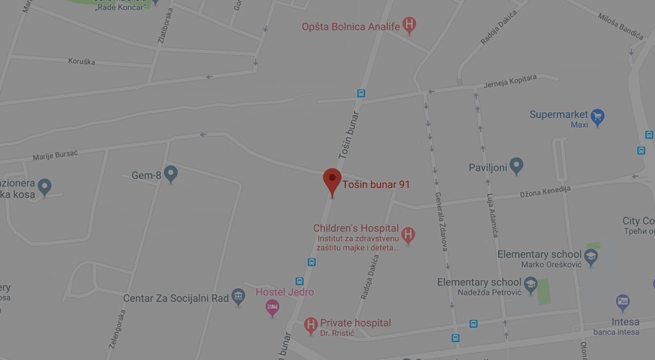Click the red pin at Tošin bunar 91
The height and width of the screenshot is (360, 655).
[332, 180]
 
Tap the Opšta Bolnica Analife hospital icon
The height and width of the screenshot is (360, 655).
[410, 26]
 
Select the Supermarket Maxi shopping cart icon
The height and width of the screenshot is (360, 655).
[597, 116]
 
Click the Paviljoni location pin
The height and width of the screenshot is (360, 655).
[516, 166]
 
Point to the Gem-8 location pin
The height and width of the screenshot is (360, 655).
[171, 174]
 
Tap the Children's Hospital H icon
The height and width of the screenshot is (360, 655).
[408, 235]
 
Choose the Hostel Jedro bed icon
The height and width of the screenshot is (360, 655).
[272, 308]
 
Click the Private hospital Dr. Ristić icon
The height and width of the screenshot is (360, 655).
[311, 325]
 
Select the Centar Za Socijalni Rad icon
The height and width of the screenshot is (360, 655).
[238, 297]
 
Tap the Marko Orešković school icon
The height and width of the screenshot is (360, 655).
[591, 256]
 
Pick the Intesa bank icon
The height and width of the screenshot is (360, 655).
[623, 302]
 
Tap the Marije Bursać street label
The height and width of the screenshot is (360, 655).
[55, 155]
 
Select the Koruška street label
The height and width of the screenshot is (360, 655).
[81, 62]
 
